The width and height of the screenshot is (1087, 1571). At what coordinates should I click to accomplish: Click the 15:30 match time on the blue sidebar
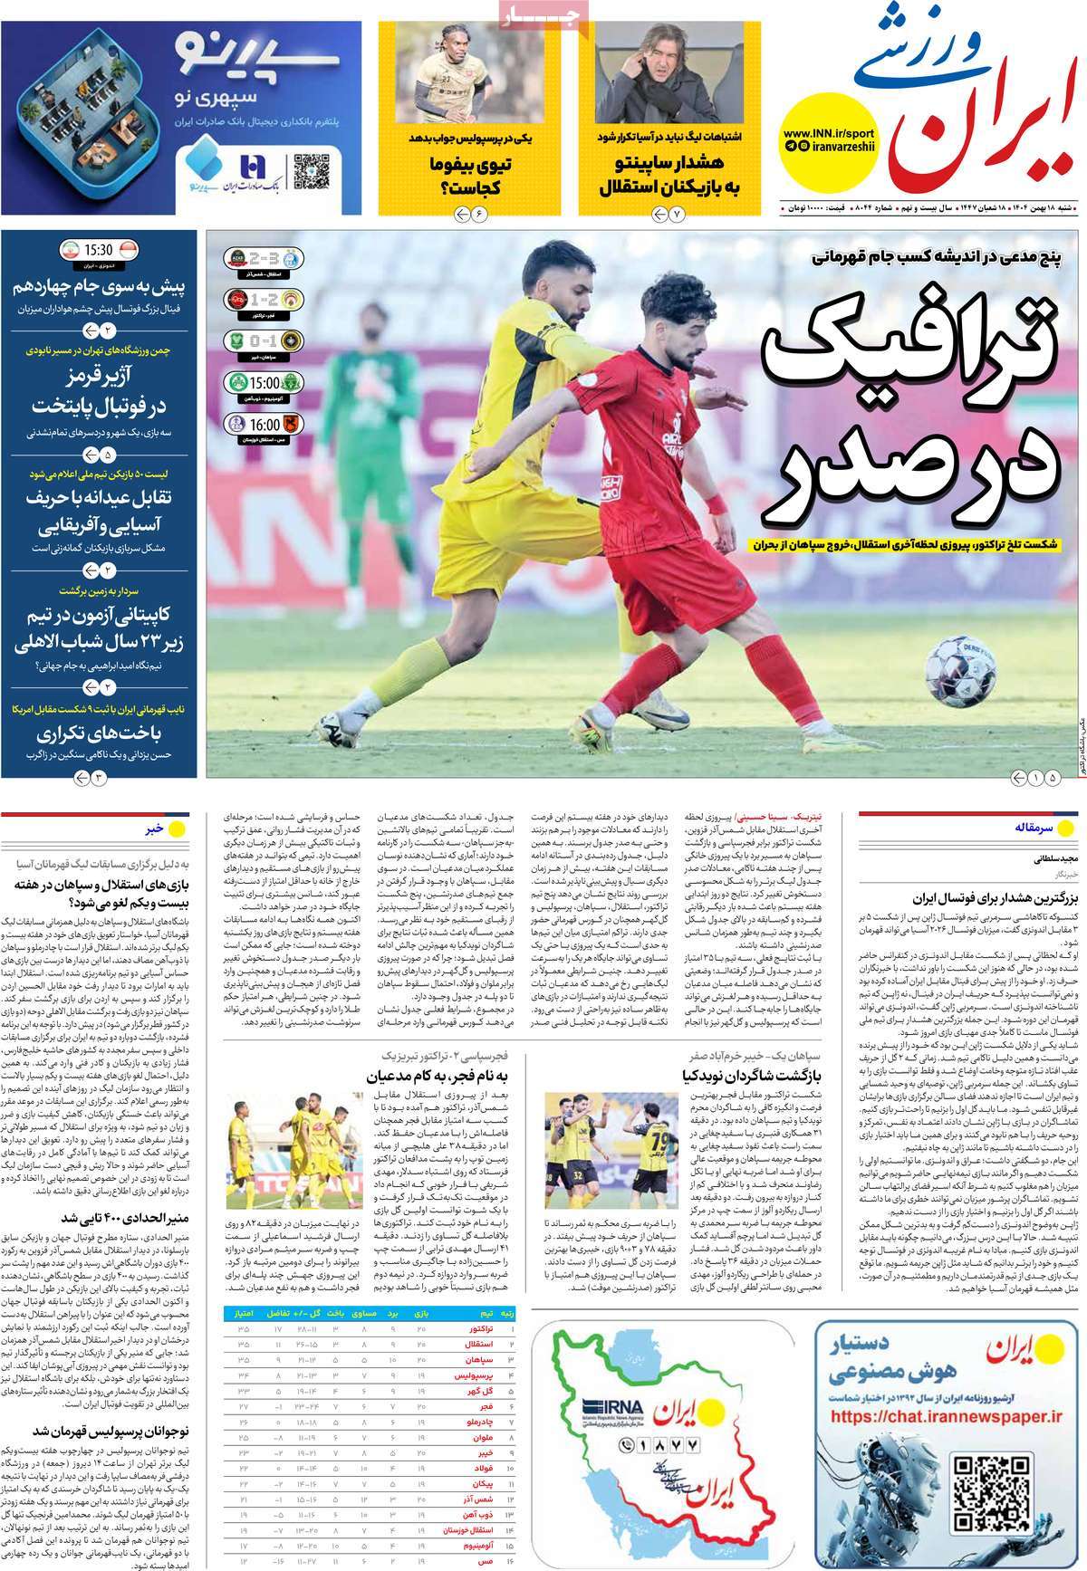99,250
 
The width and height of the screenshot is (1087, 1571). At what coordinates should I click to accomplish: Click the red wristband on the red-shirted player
715,503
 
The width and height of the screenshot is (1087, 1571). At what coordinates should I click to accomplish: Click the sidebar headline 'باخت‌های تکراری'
99,733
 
